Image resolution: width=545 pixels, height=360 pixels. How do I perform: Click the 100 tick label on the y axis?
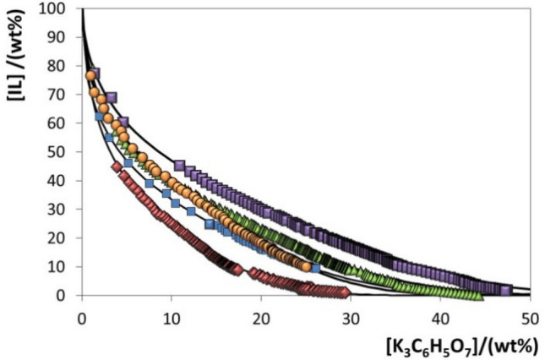tap(56, 9)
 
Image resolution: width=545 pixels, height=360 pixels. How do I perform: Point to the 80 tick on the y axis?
tap(59, 67)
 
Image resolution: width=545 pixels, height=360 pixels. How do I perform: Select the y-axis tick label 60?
tap(59, 123)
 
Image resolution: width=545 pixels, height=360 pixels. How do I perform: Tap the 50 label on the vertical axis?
tap(59, 152)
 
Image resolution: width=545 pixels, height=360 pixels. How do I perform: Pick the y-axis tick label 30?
tap(59, 210)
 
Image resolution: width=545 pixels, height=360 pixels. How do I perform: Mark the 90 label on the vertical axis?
tap(59, 38)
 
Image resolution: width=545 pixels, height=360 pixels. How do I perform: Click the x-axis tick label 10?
tap(171, 318)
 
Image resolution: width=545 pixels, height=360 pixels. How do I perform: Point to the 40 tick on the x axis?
tap(440, 318)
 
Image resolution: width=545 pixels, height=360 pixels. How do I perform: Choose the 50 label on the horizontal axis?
tap(530, 318)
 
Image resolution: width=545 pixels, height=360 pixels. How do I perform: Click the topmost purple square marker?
tap(94, 74)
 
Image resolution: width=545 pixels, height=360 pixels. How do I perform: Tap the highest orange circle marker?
tap(90, 76)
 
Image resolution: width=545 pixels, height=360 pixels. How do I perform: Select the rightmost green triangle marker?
tap(479, 295)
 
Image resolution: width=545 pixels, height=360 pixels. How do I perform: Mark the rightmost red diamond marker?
tap(344, 293)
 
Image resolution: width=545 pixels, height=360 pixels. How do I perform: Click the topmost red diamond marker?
tap(117, 166)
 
